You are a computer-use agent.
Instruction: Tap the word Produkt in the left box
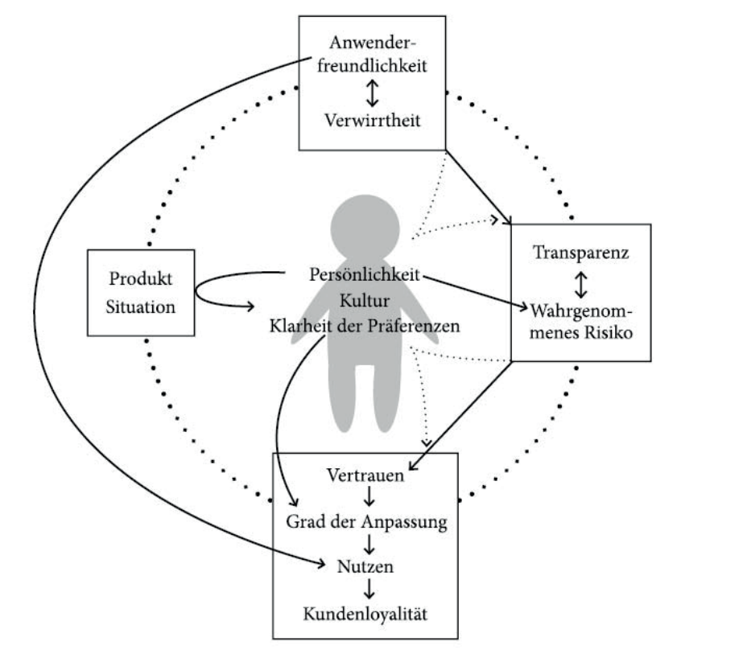coord(141,281)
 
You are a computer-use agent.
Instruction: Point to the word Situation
coord(141,306)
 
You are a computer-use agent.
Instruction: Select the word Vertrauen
coord(366,474)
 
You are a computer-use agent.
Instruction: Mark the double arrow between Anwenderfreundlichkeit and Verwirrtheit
coord(371,93)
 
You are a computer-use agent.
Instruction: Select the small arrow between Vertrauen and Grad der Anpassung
coord(366,497)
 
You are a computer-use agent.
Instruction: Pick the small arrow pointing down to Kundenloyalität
coord(366,590)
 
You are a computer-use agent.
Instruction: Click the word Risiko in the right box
coord(604,332)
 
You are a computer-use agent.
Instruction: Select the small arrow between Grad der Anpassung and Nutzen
coord(366,544)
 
